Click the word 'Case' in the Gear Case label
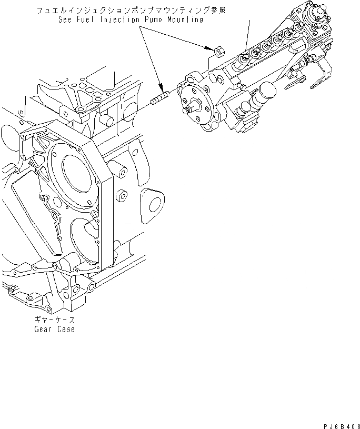[x=65, y=330]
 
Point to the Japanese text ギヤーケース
[x=55, y=320]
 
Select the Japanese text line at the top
[x=126, y=10]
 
